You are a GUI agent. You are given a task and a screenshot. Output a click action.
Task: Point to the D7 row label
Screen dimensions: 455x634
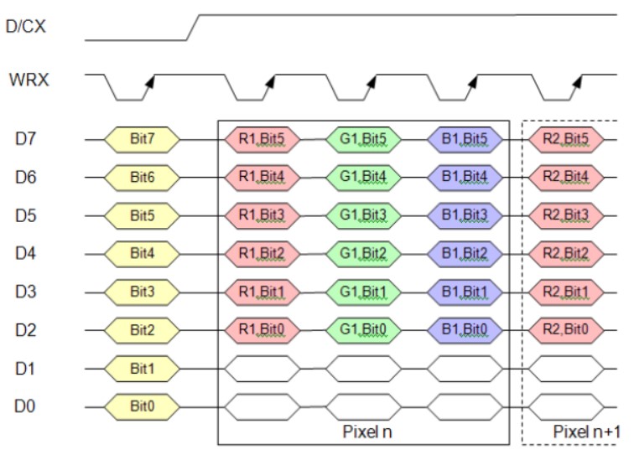coord(26,137)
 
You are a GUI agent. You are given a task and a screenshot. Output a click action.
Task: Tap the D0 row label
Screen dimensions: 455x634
coord(26,407)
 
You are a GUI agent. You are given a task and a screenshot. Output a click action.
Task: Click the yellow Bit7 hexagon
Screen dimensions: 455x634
coord(142,137)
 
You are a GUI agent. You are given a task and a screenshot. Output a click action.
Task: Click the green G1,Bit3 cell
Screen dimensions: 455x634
coord(363,215)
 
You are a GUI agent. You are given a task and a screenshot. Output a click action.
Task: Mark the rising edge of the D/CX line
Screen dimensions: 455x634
coord(192,27)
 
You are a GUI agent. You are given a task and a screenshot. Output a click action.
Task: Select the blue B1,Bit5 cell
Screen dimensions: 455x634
coord(465,137)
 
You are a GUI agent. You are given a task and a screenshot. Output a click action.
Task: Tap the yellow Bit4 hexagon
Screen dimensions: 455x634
coord(142,253)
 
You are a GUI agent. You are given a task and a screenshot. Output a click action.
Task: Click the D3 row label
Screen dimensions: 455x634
coord(26,292)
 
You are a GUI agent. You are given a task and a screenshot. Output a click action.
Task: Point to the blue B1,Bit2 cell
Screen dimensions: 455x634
coord(465,253)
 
